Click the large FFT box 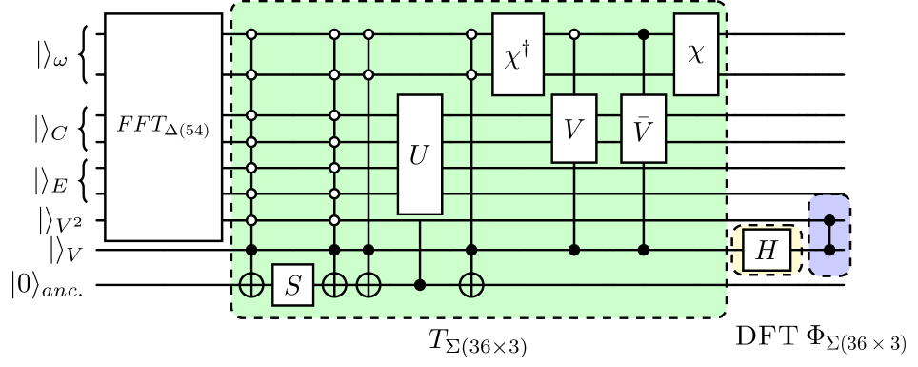point(163,127)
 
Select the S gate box point(293,284)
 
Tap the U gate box point(420,154)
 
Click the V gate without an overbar point(574,129)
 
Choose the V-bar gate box point(644,129)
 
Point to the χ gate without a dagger point(696,54)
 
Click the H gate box point(766,250)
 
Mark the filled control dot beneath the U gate point(420,284)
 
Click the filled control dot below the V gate point(574,250)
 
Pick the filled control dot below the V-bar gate point(644,250)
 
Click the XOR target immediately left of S point(252,284)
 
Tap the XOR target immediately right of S point(334,284)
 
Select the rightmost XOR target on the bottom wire point(471,284)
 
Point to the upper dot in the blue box point(828,220)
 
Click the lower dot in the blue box point(828,250)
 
